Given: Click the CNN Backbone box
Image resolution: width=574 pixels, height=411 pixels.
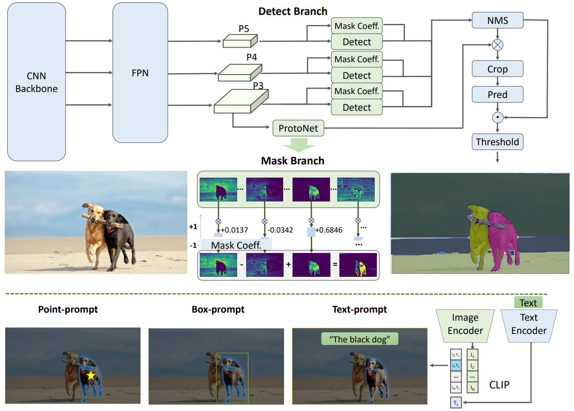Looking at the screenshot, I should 37,82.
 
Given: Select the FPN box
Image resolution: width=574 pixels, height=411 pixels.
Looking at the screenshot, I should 140,73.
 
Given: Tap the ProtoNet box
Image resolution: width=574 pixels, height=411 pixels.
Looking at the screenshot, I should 298,128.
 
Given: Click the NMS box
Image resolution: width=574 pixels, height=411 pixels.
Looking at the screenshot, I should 497,20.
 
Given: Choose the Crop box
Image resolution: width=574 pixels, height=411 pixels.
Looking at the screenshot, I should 497,69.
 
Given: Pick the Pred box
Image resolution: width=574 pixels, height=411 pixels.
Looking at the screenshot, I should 497,95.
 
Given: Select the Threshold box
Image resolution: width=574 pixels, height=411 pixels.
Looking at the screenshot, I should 497,142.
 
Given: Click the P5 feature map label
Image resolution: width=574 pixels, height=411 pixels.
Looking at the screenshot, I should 244,29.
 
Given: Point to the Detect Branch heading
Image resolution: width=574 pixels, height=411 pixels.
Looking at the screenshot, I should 293,11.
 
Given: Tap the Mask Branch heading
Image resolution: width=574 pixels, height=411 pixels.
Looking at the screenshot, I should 293,161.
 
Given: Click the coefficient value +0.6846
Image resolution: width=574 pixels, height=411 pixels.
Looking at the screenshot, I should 328,230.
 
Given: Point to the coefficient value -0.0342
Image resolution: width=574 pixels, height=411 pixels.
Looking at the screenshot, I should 280,230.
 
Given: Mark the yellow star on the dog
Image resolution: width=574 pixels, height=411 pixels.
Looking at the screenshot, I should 91,375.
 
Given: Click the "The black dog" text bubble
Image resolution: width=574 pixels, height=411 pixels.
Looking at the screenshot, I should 359,339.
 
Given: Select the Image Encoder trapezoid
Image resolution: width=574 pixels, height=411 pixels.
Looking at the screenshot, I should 465,324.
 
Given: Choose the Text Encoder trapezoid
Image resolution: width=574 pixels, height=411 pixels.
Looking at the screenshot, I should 528,324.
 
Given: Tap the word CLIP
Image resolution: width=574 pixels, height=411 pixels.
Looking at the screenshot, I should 499,385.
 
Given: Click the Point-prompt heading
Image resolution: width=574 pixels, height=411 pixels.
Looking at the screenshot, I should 68,309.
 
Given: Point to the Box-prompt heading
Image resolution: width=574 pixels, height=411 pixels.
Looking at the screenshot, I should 218,309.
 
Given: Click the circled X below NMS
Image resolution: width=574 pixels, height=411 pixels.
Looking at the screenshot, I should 497,45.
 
